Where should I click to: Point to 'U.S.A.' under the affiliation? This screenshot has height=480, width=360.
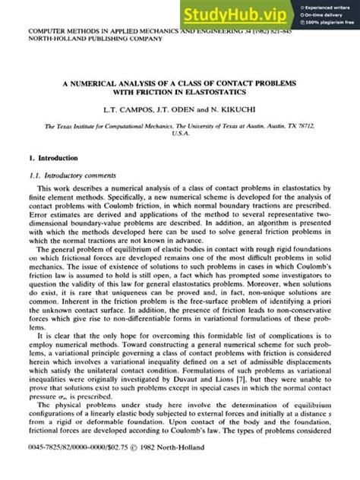[x=181, y=138]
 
